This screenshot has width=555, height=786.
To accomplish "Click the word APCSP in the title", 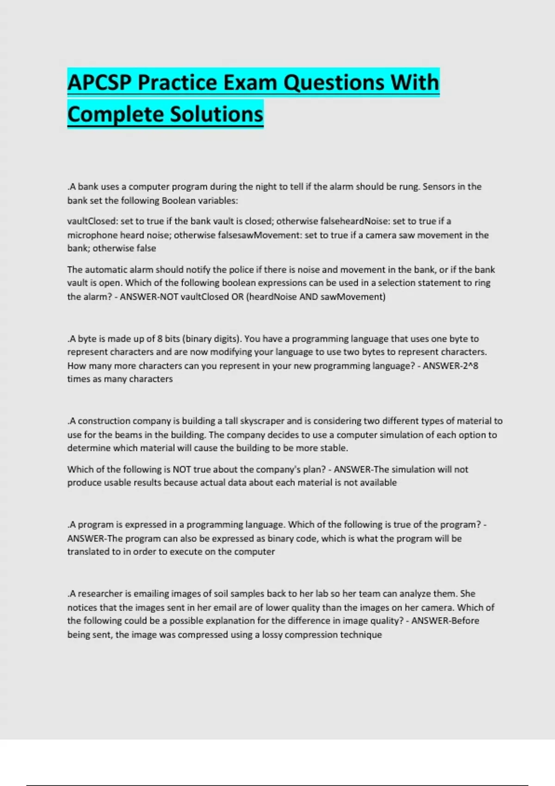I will pyautogui.click(x=99, y=83).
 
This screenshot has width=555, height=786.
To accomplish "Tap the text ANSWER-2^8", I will pyautogui.click(x=450, y=366).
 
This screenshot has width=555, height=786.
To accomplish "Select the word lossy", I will pyautogui.click(x=272, y=635).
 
